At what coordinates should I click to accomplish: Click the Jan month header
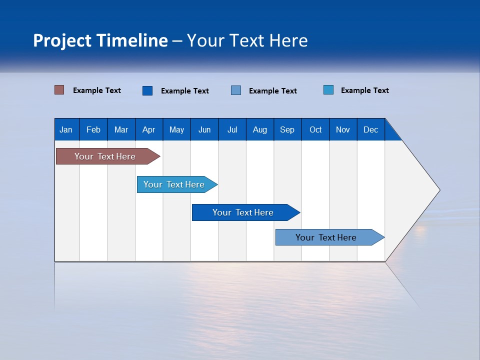tap(66, 129)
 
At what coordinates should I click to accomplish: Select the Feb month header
tap(93, 129)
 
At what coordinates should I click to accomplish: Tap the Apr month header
tap(148, 129)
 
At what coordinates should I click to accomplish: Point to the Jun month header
tap(204, 129)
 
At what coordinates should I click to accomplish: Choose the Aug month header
tap(259, 129)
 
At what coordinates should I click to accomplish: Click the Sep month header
tap(287, 129)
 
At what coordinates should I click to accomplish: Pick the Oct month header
tap(315, 129)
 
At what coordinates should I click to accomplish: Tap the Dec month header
tap(370, 129)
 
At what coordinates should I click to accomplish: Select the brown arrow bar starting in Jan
tap(105, 156)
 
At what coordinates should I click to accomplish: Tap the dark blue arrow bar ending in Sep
tap(243, 212)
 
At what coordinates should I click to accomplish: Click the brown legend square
tap(59, 90)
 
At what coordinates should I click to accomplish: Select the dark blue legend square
tap(147, 90)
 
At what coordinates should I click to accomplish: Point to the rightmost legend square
tap(328, 90)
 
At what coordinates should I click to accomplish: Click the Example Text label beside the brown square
tap(97, 90)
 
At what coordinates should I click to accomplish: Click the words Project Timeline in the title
tap(100, 40)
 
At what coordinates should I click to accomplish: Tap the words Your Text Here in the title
tap(247, 40)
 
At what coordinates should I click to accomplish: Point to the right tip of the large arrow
tap(438, 190)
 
